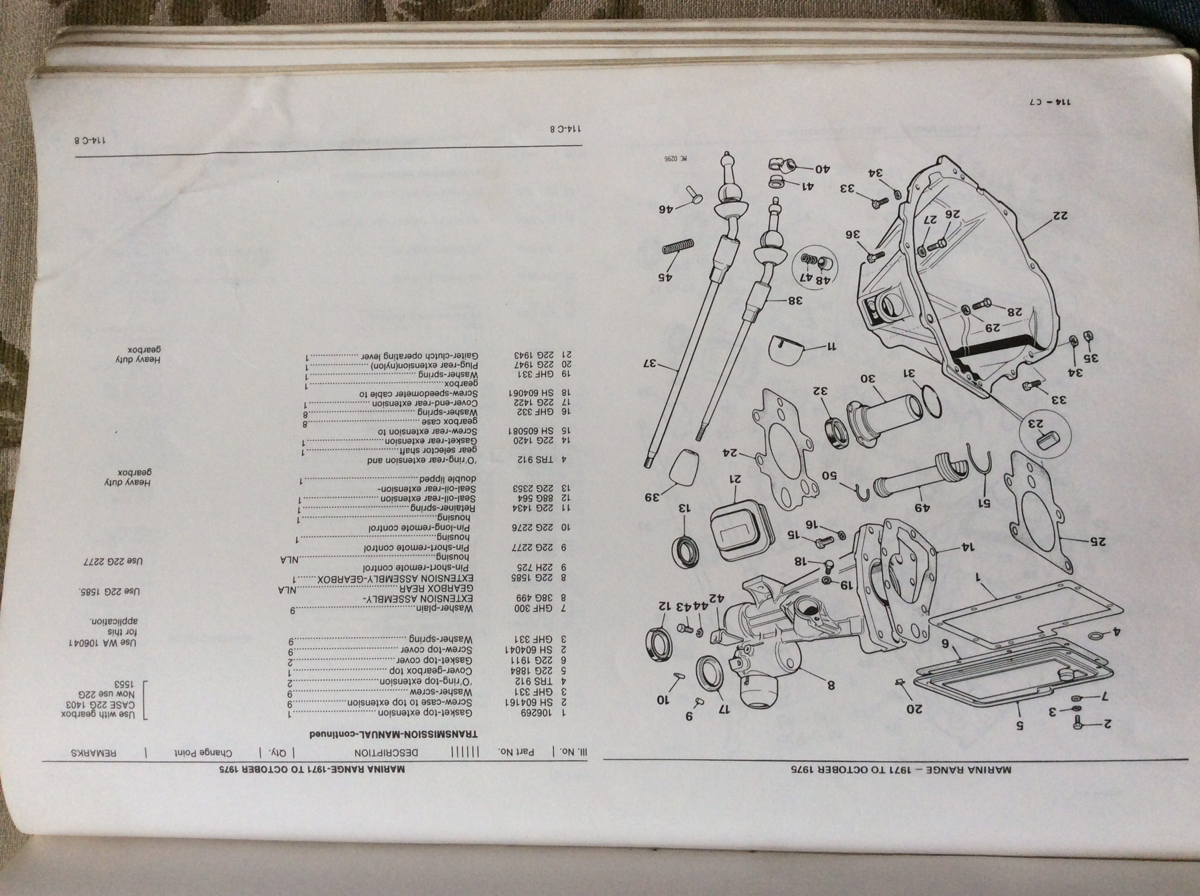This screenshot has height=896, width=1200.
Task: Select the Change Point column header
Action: (203, 753)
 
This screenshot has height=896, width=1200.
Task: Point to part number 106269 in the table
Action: (529, 713)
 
